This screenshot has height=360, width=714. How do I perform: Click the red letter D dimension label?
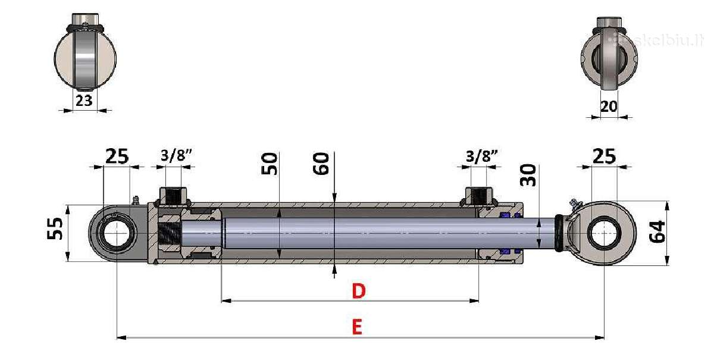click(359, 291)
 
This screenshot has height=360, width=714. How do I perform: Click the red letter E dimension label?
click(357, 327)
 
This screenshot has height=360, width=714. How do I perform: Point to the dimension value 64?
click(657, 232)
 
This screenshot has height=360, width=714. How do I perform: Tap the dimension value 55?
click(55, 228)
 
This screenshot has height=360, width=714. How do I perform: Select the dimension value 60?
click(321, 164)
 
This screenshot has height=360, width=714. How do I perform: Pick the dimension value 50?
click(270, 164)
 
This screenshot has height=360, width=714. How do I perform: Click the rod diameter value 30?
click(528, 175)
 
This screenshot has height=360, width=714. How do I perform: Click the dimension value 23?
click(84, 101)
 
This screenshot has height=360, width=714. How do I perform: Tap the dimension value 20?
click(609, 107)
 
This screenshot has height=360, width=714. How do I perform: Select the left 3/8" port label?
click(176, 155)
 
